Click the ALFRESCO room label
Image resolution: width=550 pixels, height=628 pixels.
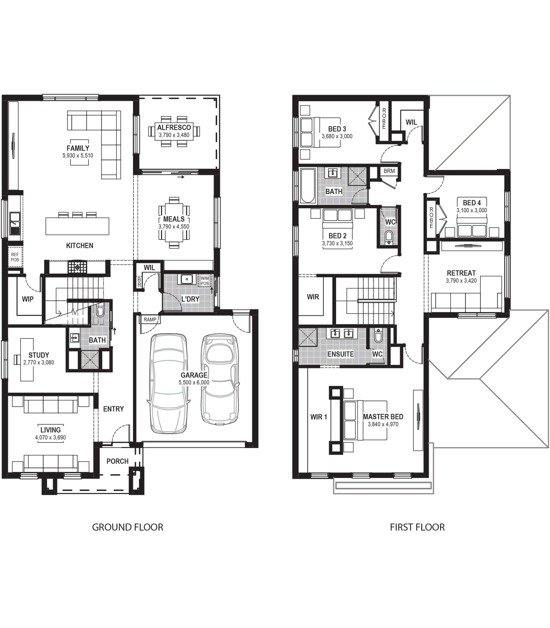(174, 127)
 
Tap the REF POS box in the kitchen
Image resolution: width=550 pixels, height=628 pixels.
(15, 257)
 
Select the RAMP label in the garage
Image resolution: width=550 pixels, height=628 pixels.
(150, 319)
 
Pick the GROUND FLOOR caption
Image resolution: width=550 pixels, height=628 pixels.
(128, 527)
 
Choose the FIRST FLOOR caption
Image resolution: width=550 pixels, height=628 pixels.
(417, 527)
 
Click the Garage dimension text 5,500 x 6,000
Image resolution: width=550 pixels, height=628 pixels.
(194, 382)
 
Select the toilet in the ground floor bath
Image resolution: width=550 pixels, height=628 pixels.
(100, 311)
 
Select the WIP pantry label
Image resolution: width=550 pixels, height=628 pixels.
(28, 299)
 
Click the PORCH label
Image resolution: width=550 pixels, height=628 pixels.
(118, 461)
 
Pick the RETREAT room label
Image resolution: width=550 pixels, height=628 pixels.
(461, 273)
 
